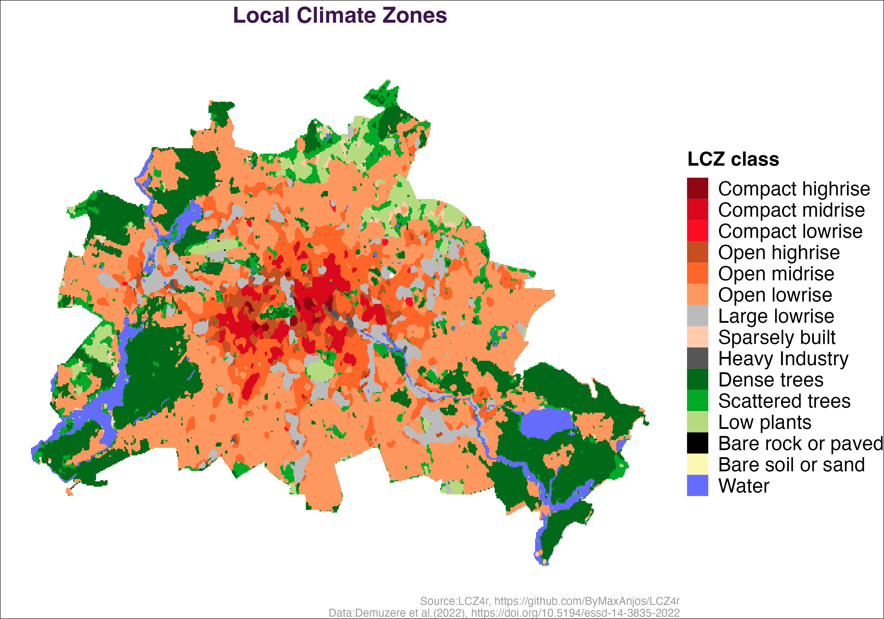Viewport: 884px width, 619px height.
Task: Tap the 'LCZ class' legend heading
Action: coord(733,159)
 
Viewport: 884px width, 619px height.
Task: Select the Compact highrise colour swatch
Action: coord(697,188)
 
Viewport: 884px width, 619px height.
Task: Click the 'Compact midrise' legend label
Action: coord(791,210)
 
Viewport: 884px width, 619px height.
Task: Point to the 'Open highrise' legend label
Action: coord(779,252)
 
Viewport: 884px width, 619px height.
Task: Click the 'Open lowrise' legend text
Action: coord(775,295)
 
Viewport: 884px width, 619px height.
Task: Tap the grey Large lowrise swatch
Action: coord(697,315)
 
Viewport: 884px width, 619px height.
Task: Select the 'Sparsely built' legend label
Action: coord(776,337)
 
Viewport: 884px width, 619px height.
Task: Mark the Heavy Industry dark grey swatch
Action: coord(697,358)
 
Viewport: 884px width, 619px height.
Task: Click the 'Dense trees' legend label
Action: coord(771,379)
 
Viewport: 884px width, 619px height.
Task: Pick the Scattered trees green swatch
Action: coord(697,401)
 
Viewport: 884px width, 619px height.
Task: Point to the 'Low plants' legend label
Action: coord(765,422)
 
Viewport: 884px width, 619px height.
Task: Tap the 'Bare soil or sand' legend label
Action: coord(791,465)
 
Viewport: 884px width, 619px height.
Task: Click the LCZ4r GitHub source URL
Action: coord(587,601)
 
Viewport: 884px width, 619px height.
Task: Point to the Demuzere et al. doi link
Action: coord(575,613)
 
